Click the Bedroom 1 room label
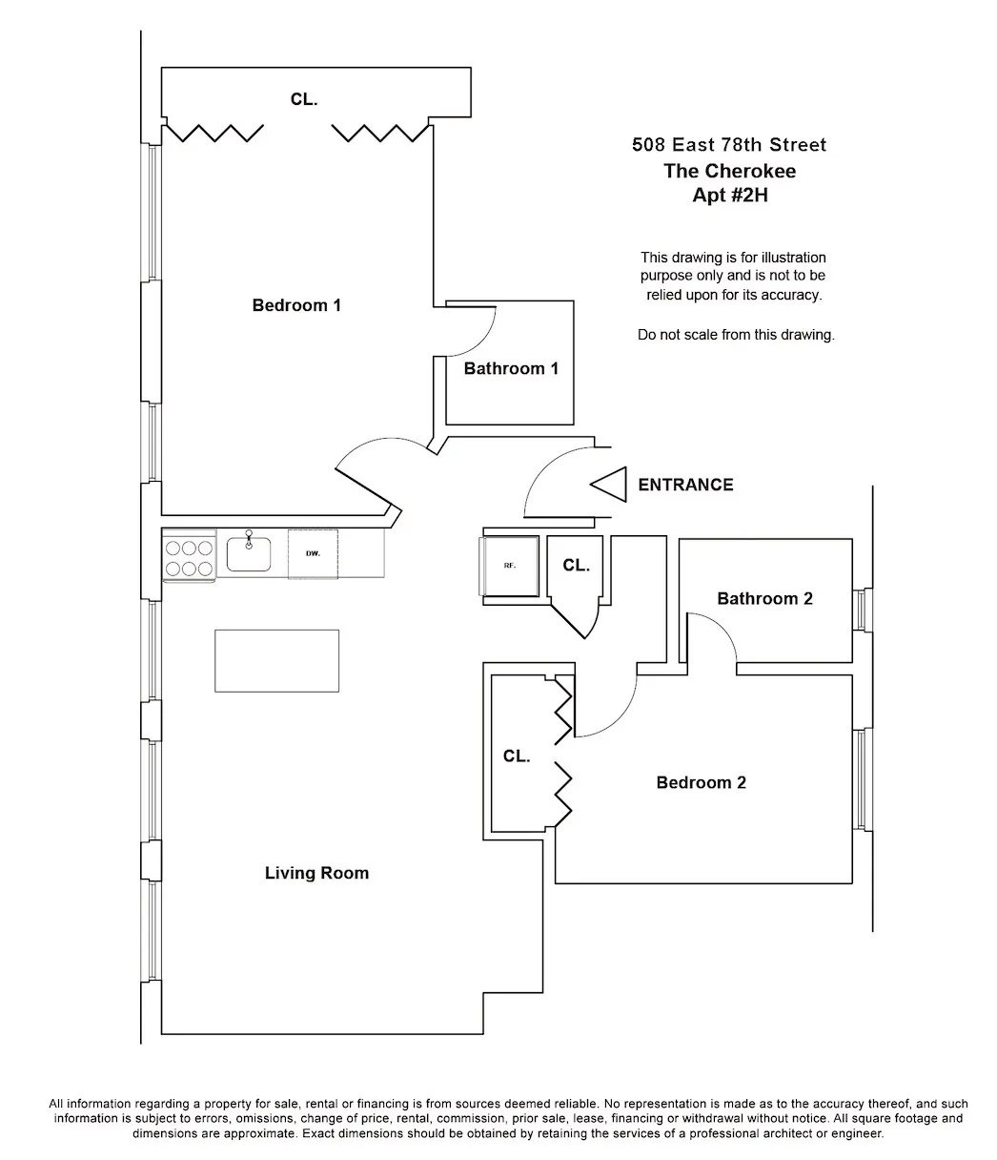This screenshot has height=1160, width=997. [296, 306]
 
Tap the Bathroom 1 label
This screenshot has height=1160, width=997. [511, 369]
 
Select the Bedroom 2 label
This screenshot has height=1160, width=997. [701, 783]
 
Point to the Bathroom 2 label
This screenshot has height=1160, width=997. [764, 599]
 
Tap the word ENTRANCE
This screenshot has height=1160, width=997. [685, 485]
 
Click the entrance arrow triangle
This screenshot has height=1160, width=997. [609, 485]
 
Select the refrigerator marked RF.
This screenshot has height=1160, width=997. [510, 566]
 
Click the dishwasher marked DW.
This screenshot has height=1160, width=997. [313, 554]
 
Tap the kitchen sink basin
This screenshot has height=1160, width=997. [249, 554]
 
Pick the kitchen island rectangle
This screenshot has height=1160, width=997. [276, 660]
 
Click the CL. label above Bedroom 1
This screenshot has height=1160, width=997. [304, 99]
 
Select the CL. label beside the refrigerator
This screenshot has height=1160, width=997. [576, 566]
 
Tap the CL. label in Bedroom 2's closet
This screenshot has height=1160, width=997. [517, 756]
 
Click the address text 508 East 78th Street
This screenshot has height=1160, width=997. [729, 145]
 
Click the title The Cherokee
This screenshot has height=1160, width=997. [729, 171]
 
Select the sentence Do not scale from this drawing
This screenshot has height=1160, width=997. [735, 336]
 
